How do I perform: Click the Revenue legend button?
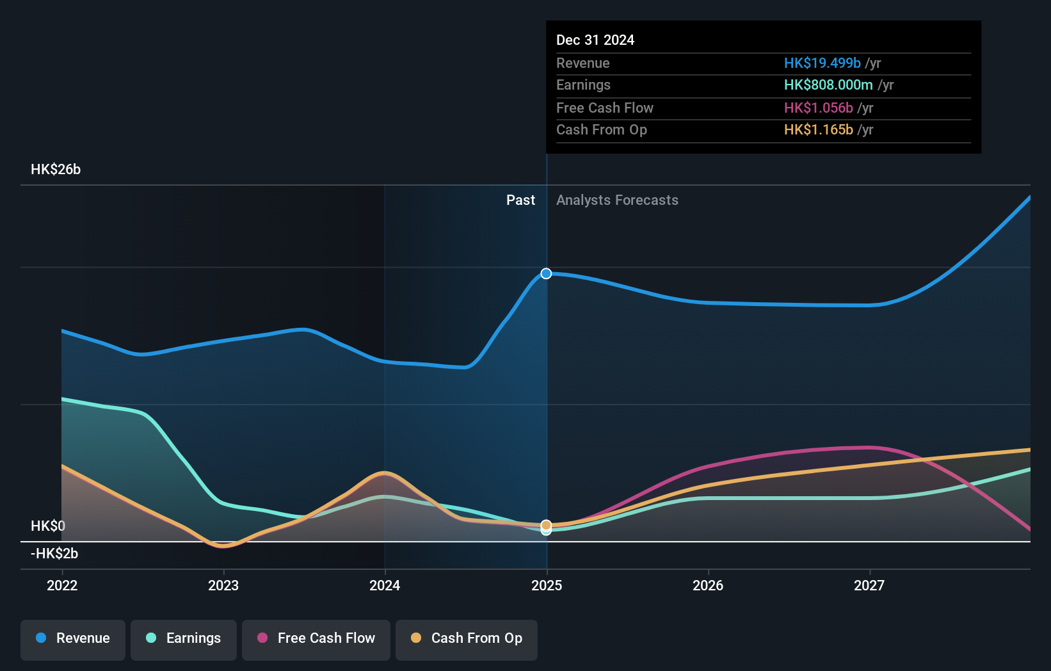pyautogui.click(x=73, y=638)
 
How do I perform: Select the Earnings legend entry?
pyautogui.click(x=184, y=638)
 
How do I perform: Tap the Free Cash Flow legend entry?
pyautogui.click(x=316, y=638)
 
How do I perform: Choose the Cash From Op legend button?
pyautogui.click(x=467, y=638)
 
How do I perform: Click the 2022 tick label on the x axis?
pyautogui.click(x=62, y=585)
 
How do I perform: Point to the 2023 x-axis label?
pyautogui.click(x=223, y=585)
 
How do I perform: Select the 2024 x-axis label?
pyautogui.click(x=385, y=585)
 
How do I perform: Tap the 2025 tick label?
pyautogui.click(x=547, y=585)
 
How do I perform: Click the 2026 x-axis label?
pyautogui.click(x=708, y=585)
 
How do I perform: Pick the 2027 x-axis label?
pyautogui.click(x=869, y=585)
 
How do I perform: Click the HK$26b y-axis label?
pyautogui.click(x=56, y=170)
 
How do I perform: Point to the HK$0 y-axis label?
pyautogui.click(x=48, y=526)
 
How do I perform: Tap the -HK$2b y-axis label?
pyautogui.click(x=54, y=554)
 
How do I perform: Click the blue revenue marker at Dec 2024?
pyautogui.click(x=546, y=273)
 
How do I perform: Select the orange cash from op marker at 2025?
pyautogui.click(x=546, y=525)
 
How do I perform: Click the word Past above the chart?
pyautogui.click(x=520, y=200)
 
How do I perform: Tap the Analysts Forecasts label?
pyautogui.click(x=617, y=200)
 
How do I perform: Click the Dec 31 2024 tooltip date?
pyautogui.click(x=595, y=40)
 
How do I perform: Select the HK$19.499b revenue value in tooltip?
pyautogui.click(x=822, y=63)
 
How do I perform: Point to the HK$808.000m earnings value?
pyautogui.click(x=828, y=85)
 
